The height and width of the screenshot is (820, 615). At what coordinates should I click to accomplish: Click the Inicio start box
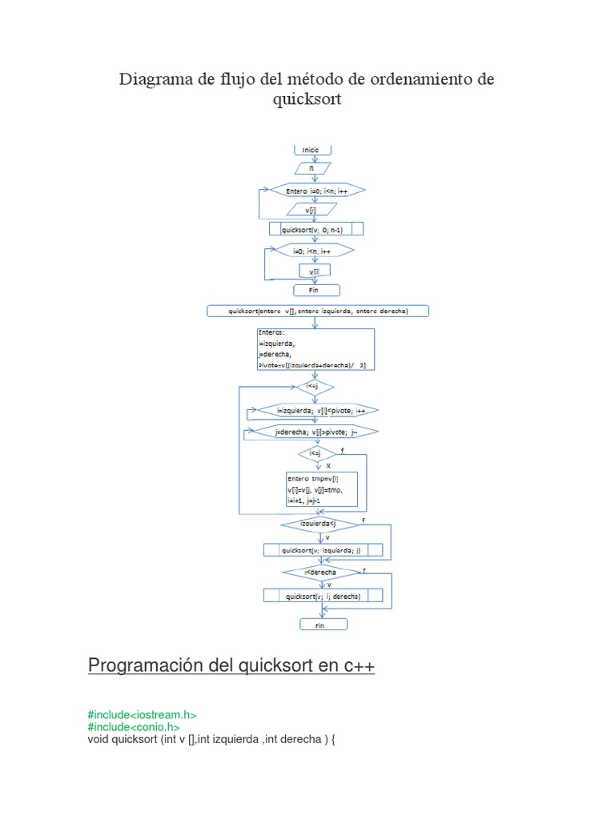point(311,150)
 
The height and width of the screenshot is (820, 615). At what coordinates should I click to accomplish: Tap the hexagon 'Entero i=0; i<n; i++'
point(317,190)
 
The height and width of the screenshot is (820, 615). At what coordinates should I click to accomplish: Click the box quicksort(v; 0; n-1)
point(317,229)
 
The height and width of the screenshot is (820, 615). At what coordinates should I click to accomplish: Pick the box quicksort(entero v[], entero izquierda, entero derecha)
point(318,311)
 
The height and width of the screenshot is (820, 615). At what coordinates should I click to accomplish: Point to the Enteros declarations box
point(316,348)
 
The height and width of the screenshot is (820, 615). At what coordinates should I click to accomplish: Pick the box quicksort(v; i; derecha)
point(323,596)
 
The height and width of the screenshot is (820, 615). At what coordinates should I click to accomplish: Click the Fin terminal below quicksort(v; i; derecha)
point(324,624)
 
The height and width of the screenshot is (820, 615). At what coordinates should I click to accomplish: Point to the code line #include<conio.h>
point(134,727)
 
